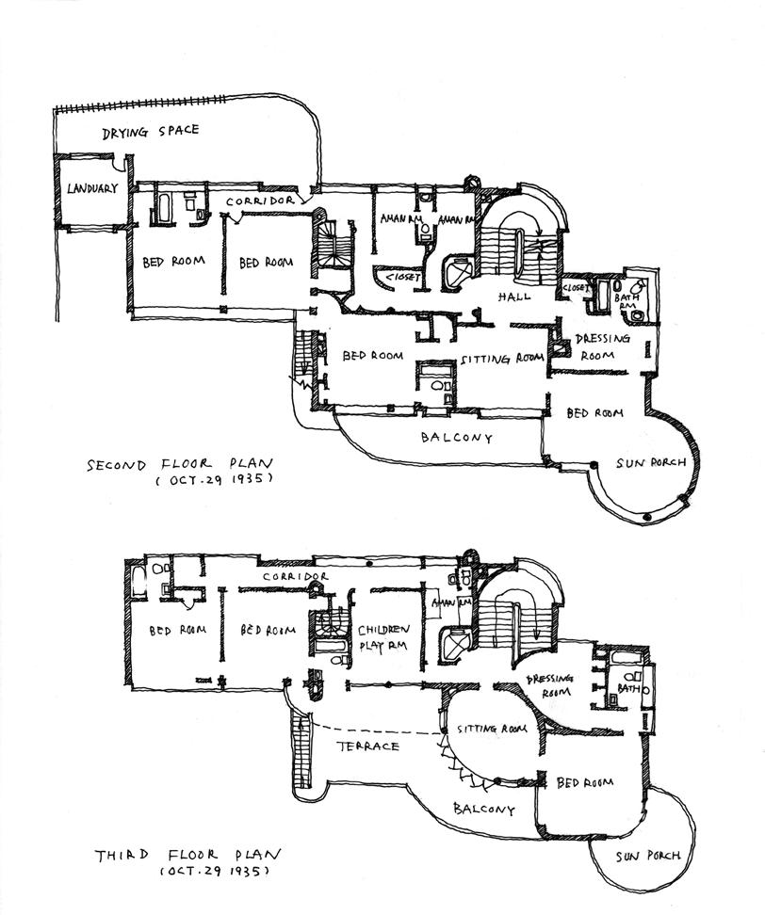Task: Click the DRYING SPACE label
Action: coord(151,132)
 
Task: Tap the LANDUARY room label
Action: coord(91,188)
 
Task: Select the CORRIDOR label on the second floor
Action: coord(261,201)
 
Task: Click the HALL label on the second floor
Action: coord(515,296)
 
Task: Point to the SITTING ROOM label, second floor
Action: coord(502,359)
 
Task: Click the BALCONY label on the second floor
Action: coord(457,438)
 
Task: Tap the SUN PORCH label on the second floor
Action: coord(649,464)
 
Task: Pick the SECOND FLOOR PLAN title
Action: coord(179,464)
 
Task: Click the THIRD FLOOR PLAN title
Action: coord(188,856)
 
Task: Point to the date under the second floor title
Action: coord(215,480)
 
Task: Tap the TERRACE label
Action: coord(367,746)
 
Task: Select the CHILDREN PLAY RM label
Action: coord(384,636)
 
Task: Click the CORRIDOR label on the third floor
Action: coord(295,576)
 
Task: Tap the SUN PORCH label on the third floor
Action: coord(648,856)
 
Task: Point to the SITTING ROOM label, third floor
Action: coord(491,730)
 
